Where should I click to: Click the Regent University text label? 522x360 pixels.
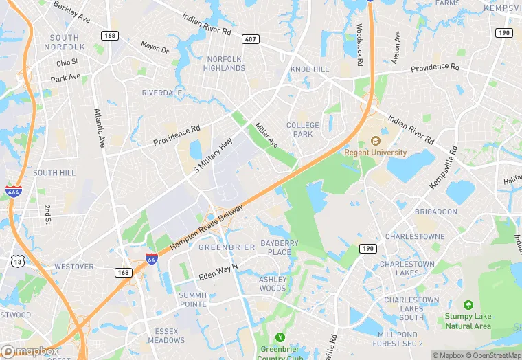[376, 153]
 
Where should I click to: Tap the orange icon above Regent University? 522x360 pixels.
[376, 141]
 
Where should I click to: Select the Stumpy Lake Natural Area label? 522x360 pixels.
[468, 321]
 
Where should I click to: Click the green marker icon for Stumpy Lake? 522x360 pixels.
[468, 304]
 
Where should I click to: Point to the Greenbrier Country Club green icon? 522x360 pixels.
[280, 337]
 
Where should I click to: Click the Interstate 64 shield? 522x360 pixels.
[151, 259]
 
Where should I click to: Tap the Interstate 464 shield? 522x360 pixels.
[13, 192]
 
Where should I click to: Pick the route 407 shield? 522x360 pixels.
[250, 39]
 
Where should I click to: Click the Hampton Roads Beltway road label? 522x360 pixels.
[207, 226]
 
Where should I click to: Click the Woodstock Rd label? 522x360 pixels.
[359, 43]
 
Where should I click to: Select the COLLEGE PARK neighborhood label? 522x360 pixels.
[303, 129]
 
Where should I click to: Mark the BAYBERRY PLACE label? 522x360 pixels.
[280, 247]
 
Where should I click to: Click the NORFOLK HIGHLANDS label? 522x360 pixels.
[225, 64]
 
